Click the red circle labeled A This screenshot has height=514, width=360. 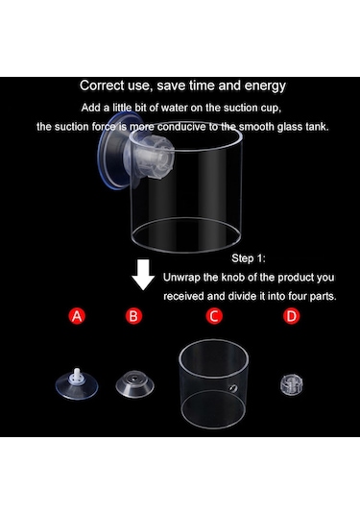(x=77, y=316)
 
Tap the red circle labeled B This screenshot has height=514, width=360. (x=133, y=316)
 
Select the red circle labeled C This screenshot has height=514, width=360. (x=214, y=316)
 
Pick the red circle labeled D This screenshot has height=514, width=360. (x=291, y=316)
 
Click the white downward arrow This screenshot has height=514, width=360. (x=143, y=275)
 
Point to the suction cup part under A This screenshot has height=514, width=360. (x=77, y=384)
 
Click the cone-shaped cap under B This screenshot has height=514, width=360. (x=134, y=384)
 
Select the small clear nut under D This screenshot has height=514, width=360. (x=292, y=384)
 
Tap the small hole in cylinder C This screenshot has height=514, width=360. (x=233, y=388)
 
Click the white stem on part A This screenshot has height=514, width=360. (x=77, y=375)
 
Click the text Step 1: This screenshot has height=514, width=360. (x=249, y=258)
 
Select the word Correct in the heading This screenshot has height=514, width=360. (x=102, y=86)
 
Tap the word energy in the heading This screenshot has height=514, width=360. (x=265, y=86)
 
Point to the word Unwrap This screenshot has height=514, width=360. (x=181, y=278)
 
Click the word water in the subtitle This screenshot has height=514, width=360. (x=175, y=108)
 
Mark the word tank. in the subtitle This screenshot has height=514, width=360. (x=317, y=127)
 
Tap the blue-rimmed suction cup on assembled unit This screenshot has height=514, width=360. (x=113, y=152)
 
